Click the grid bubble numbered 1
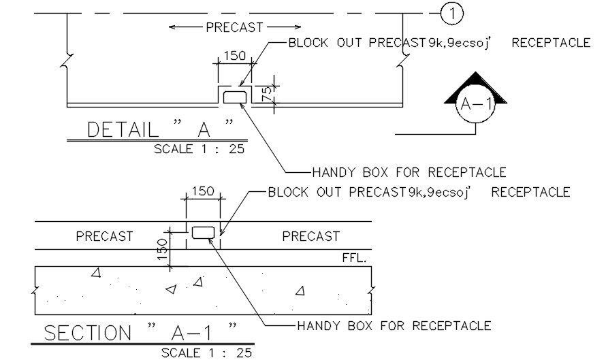[x=451, y=13]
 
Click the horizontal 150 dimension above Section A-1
[x=202, y=192]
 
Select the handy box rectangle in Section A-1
[x=203, y=233]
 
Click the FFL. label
[x=354, y=259]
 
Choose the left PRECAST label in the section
[x=104, y=237]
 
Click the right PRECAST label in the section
[x=310, y=237]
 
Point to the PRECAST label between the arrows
[x=234, y=27]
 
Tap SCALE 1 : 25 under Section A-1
[x=206, y=353]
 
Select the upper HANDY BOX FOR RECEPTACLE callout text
[x=409, y=172]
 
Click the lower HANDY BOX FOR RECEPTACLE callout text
[x=394, y=326]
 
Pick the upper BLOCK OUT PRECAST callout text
[x=439, y=43]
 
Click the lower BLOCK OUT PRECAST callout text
[x=419, y=193]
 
